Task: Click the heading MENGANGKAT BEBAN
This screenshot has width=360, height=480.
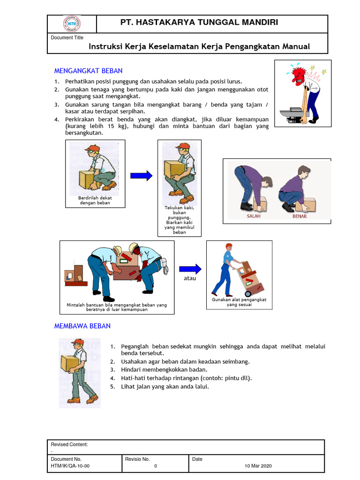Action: click(88, 71)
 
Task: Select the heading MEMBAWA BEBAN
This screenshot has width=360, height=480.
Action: click(82, 326)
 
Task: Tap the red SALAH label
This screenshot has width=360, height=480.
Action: click(254, 217)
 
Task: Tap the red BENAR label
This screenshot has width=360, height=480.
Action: click(300, 217)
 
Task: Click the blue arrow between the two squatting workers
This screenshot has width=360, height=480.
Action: click(141, 176)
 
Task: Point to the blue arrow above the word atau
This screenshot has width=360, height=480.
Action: click(190, 269)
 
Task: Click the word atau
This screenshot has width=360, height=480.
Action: click(190, 278)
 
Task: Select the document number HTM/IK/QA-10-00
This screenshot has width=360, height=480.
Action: click(70, 466)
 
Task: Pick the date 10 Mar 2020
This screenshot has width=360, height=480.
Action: click(258, 466)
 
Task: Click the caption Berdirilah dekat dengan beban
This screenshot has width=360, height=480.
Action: click(95, 200)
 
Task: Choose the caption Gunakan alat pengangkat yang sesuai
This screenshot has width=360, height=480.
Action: click(239, 302)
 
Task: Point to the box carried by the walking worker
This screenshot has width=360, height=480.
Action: click(69, 363)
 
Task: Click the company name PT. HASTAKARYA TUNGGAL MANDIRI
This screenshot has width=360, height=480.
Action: click(199, 22)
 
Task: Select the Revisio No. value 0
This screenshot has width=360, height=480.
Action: click(155, 466)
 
